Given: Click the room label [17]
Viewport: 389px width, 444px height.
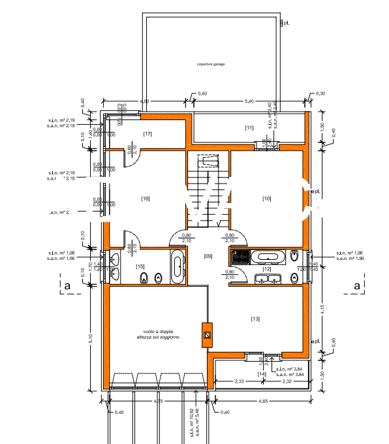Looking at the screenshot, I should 148,134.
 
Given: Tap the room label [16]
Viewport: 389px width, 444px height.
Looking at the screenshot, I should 146,198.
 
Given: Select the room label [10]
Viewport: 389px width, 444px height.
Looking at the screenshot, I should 266,198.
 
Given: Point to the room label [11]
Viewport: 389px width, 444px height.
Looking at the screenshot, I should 249,127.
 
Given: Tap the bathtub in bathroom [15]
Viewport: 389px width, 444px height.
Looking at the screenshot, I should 178,268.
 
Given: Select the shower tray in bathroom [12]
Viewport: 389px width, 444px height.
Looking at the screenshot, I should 240,256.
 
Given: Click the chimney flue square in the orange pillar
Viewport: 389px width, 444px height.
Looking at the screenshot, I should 207,336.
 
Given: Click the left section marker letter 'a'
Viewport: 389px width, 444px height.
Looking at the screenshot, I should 67,285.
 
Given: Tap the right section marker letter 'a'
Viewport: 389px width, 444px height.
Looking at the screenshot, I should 356,285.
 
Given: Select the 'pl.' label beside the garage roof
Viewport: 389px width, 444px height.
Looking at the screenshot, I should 285,23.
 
